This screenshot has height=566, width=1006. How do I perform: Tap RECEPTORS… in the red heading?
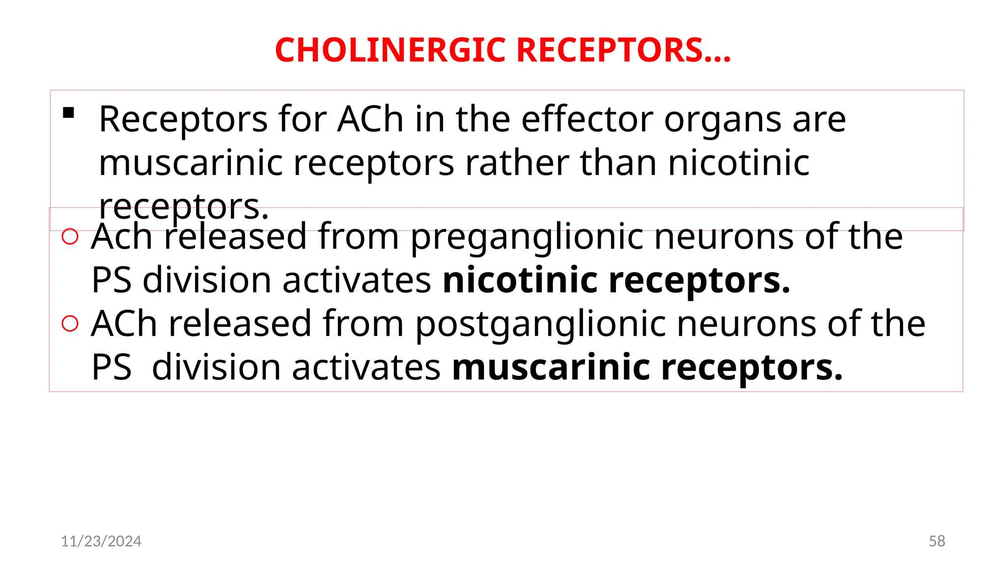tap(624, 51)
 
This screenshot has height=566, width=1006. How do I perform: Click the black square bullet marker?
tap(69, 113)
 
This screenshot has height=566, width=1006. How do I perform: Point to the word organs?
tap(722, 120)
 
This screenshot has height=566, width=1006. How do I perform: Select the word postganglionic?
tap(540, 325)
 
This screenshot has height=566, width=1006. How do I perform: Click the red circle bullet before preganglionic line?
tap(70, 237)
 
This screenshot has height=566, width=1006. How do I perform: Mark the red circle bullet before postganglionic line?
tap(70, 324)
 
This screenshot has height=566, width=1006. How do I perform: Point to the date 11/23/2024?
tap(101, 541)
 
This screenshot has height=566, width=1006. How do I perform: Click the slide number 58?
tap(937, 541)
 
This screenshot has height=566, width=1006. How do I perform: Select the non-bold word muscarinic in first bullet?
tap(191, 163)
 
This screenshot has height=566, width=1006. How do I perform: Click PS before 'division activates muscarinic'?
tap(112, 368)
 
